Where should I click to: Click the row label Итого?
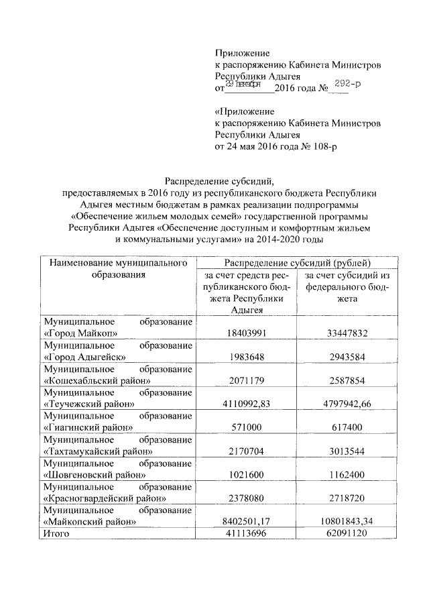pyautogui.click(x=57, y=534)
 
